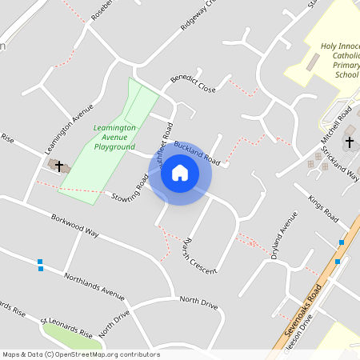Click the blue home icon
tap(180, 173)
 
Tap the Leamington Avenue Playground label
tap(114, 137)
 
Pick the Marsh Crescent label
tap(199, 256)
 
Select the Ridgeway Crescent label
tap(198, 15)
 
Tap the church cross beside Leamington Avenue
tap(59, 165)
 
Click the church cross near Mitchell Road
tap(349, 142)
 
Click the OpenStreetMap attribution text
tap(81, 354)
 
